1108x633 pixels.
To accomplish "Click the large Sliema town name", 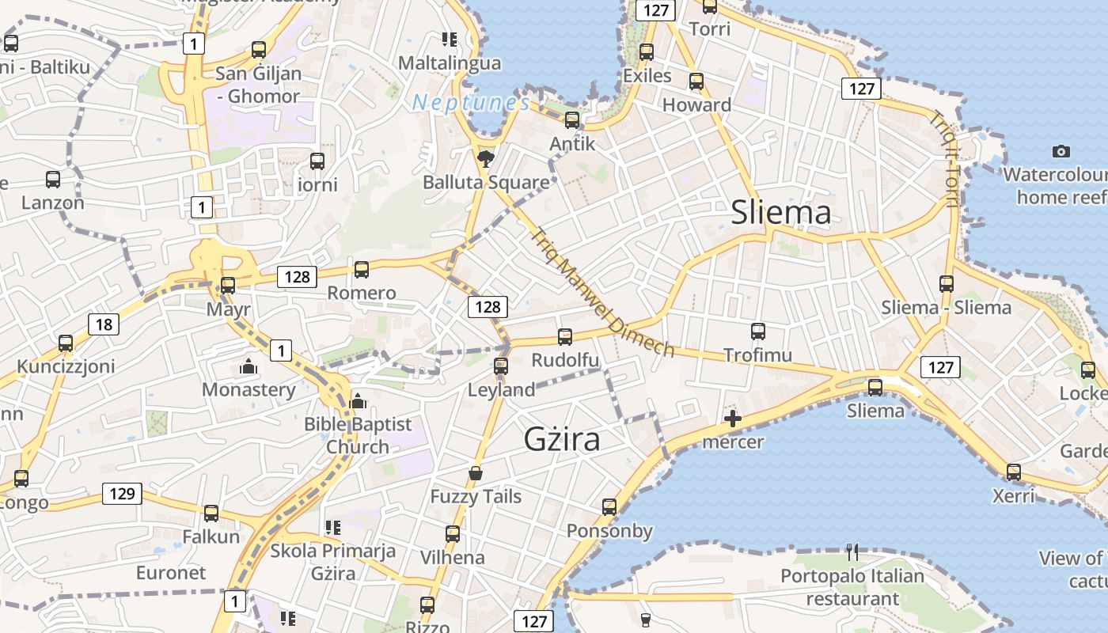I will (x=780, y=212).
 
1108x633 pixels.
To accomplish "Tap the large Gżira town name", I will (x=562, y=439).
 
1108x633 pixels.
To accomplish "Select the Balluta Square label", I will (x=486, y=182).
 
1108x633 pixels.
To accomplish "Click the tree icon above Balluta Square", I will (x=485, y=159).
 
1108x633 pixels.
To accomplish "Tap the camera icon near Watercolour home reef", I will (x=1061, y=151).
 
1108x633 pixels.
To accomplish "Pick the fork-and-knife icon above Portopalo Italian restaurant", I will (x=852, y=552).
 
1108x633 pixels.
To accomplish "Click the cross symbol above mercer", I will (x=733, y=419).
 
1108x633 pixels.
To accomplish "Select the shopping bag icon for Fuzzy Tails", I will (x=476, y=473).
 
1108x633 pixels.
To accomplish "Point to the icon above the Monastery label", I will (x=249, y=367).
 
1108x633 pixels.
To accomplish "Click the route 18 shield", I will (x=104, y=324).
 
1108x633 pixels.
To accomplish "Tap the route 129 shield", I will (x=122, y=494).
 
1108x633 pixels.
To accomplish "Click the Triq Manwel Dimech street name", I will (x=602, y=293).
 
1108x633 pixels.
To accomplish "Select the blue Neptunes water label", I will (x=470, y=102).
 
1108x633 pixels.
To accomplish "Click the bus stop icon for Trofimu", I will (x=757, y=332).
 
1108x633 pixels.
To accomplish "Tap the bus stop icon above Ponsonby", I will (x=609, y=507).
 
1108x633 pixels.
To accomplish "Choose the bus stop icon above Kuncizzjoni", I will (x=66, y=343).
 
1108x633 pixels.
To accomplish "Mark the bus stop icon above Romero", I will (x=362, y=270).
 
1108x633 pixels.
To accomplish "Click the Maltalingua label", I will (x=450, y=63).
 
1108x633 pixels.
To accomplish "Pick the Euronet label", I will (x=171, y=572).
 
